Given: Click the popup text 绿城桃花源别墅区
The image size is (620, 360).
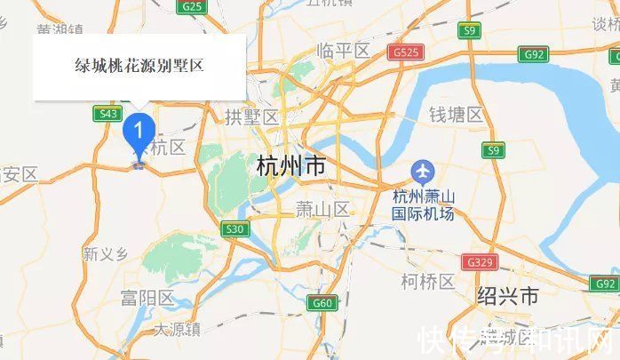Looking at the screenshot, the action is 139,65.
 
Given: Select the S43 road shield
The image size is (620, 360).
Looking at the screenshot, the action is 109,113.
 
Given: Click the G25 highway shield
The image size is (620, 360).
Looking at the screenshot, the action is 191,6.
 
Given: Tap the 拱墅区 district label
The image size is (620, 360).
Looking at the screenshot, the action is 252,116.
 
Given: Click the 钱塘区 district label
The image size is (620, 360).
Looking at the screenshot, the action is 456,115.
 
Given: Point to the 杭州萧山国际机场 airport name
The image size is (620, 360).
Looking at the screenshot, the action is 424,205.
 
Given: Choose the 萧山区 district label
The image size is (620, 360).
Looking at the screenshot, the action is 322,210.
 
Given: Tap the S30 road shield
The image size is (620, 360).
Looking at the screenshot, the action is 234,229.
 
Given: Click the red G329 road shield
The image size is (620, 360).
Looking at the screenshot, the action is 476,262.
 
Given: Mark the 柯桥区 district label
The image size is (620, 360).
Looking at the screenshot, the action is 427,282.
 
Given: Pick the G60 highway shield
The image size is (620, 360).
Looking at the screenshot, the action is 322,303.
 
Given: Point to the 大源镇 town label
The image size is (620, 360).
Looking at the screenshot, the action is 178,330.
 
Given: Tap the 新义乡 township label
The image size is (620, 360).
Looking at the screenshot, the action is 106,254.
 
